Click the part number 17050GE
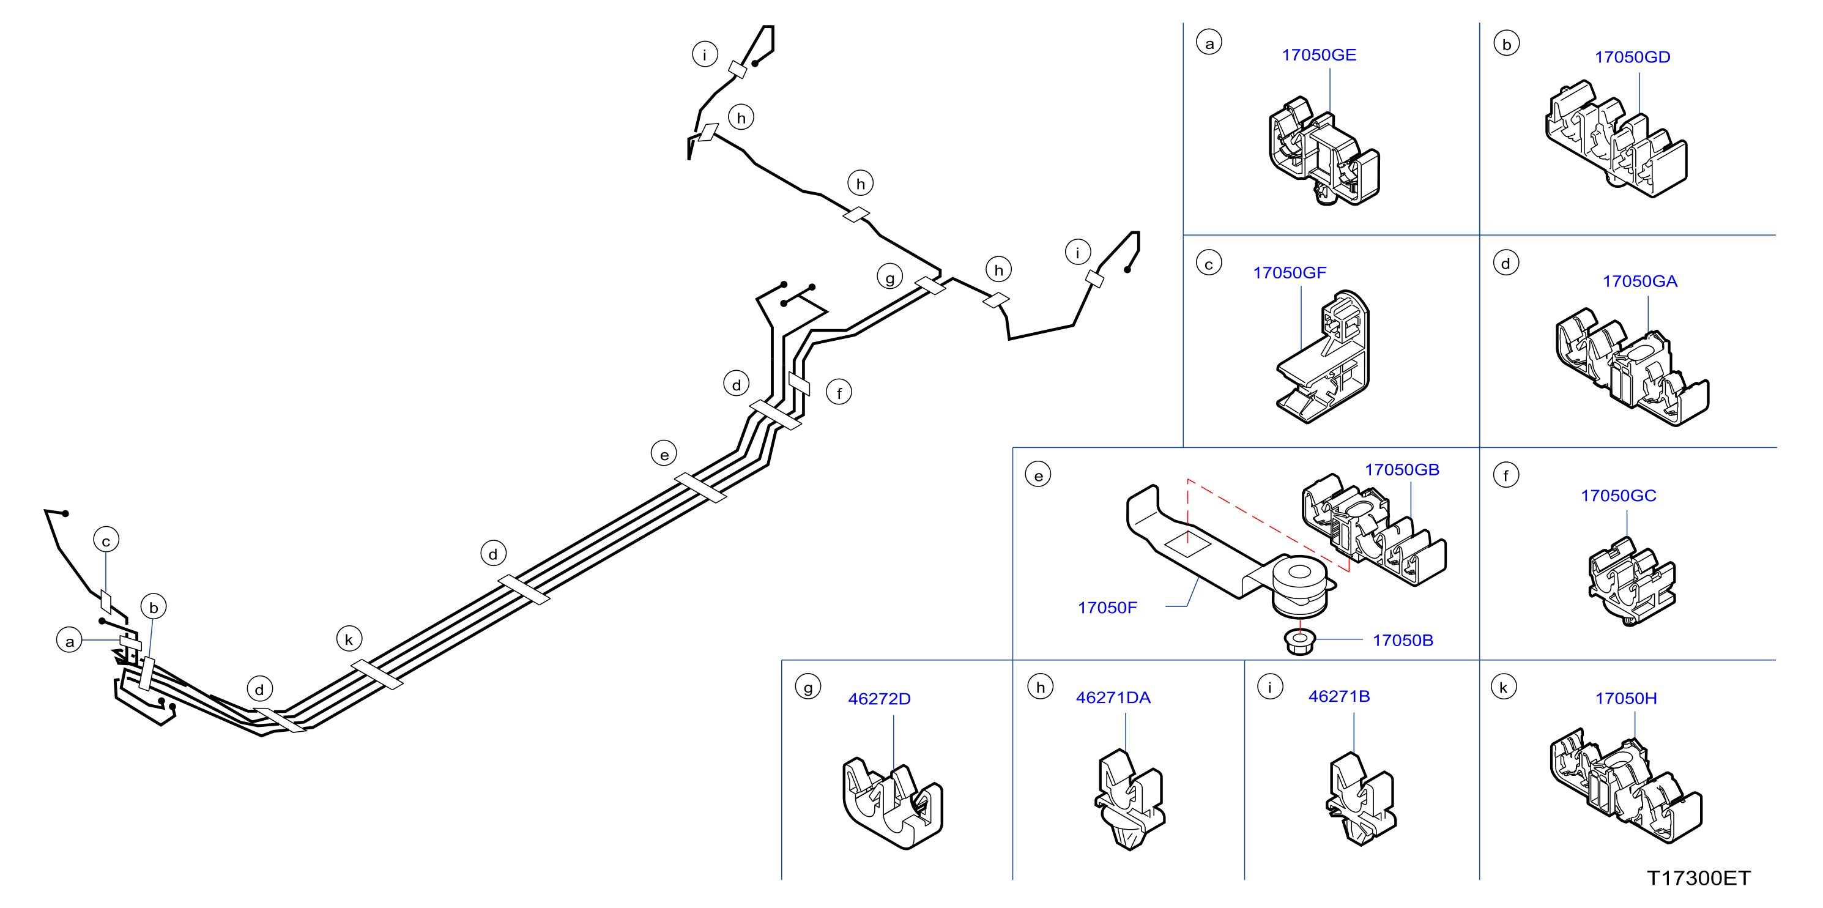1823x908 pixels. tap(1318, 55)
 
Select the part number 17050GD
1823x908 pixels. tap(1632, 58)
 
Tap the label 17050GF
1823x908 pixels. tap(1290, 272)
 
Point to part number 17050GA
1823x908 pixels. tap(1639, 281)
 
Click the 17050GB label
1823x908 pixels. tap(1402, 470)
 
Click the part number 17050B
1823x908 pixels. tap(1403, 641)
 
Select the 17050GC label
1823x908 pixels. tap(1619, 496)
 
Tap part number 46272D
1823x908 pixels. tap(879, 699)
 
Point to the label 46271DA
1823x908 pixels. tap(1113, 698)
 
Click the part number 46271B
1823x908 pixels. tap(1339, 696)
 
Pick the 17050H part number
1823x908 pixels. tap(1625, 699)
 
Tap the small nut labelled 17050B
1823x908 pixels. tap(1299, 641)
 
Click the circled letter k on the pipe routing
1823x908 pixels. tap(349, 639)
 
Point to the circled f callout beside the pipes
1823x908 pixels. tap(839, 392)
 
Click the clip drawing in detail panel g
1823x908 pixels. tap(893, 803)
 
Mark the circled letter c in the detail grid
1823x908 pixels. tap(1209, 264)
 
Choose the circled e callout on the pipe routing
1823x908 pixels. tap(664, 453)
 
